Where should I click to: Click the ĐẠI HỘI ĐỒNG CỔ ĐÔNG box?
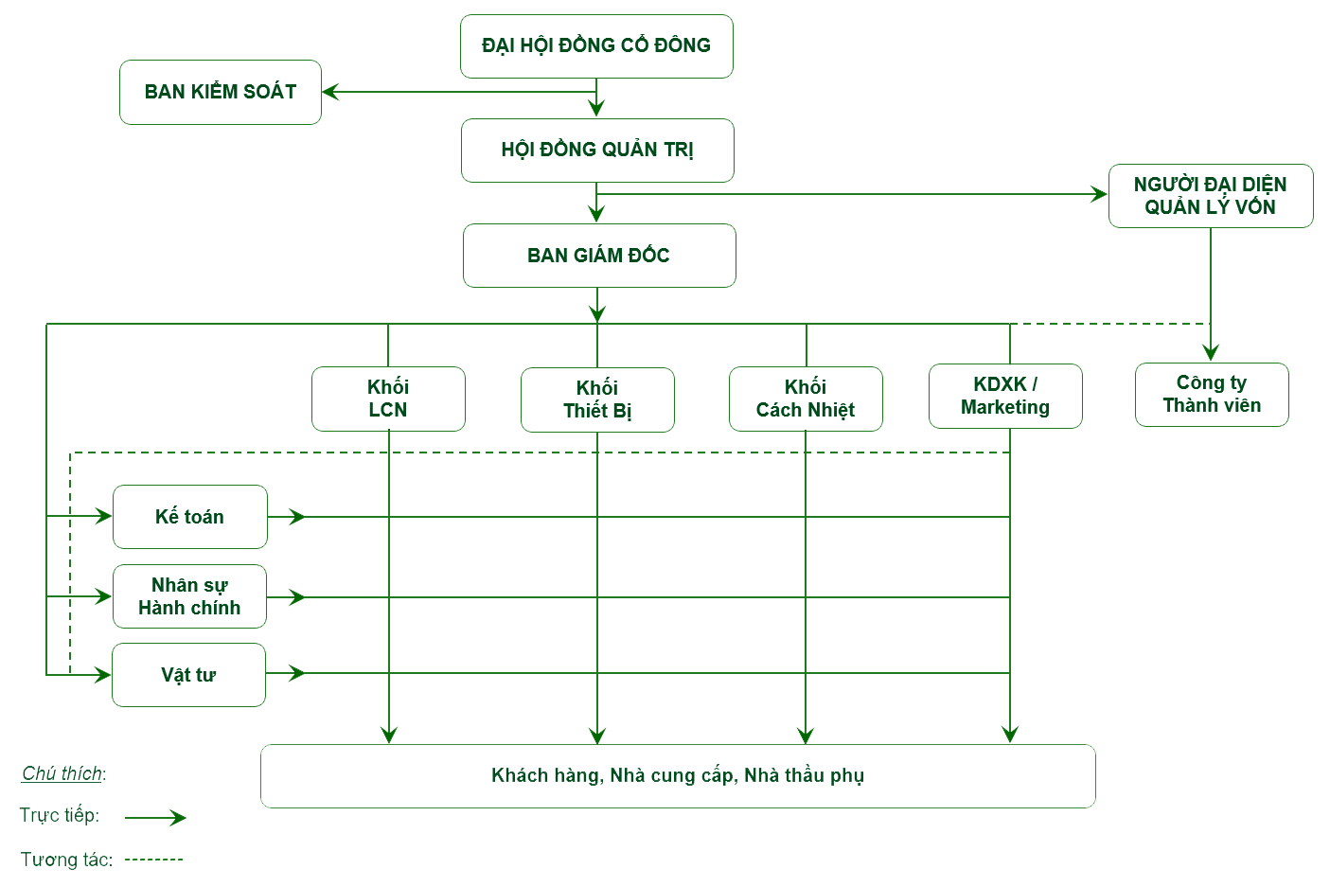click(596, 45)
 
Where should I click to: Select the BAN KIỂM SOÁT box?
click(221, 92)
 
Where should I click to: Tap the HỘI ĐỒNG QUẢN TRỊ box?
click(597, 150)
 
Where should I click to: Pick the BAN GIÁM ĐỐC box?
click(598, 256)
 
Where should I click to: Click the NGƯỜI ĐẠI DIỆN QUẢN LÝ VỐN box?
click(1210, 196)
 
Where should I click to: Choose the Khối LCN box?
click(388, 399)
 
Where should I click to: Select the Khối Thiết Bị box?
click(597, 399)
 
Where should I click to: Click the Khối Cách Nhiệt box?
click(806, 399)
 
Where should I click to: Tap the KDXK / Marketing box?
click(1005, 396)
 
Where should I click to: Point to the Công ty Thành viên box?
click(1212, 395)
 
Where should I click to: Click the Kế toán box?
click(189, 517)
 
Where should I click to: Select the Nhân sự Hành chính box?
click(189, 596)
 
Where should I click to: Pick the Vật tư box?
click(188, 675)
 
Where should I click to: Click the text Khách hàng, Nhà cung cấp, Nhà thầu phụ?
click(678, 776)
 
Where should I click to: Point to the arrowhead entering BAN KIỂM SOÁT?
click(331, 92)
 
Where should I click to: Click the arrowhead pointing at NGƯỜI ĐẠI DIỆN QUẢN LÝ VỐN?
click(1099, 195)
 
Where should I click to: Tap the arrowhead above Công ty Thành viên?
click(1210, 352)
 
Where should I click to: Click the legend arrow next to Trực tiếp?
click(156, 818)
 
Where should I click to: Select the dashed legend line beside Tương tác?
click(154, 860)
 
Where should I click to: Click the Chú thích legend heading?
click(63, 773)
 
